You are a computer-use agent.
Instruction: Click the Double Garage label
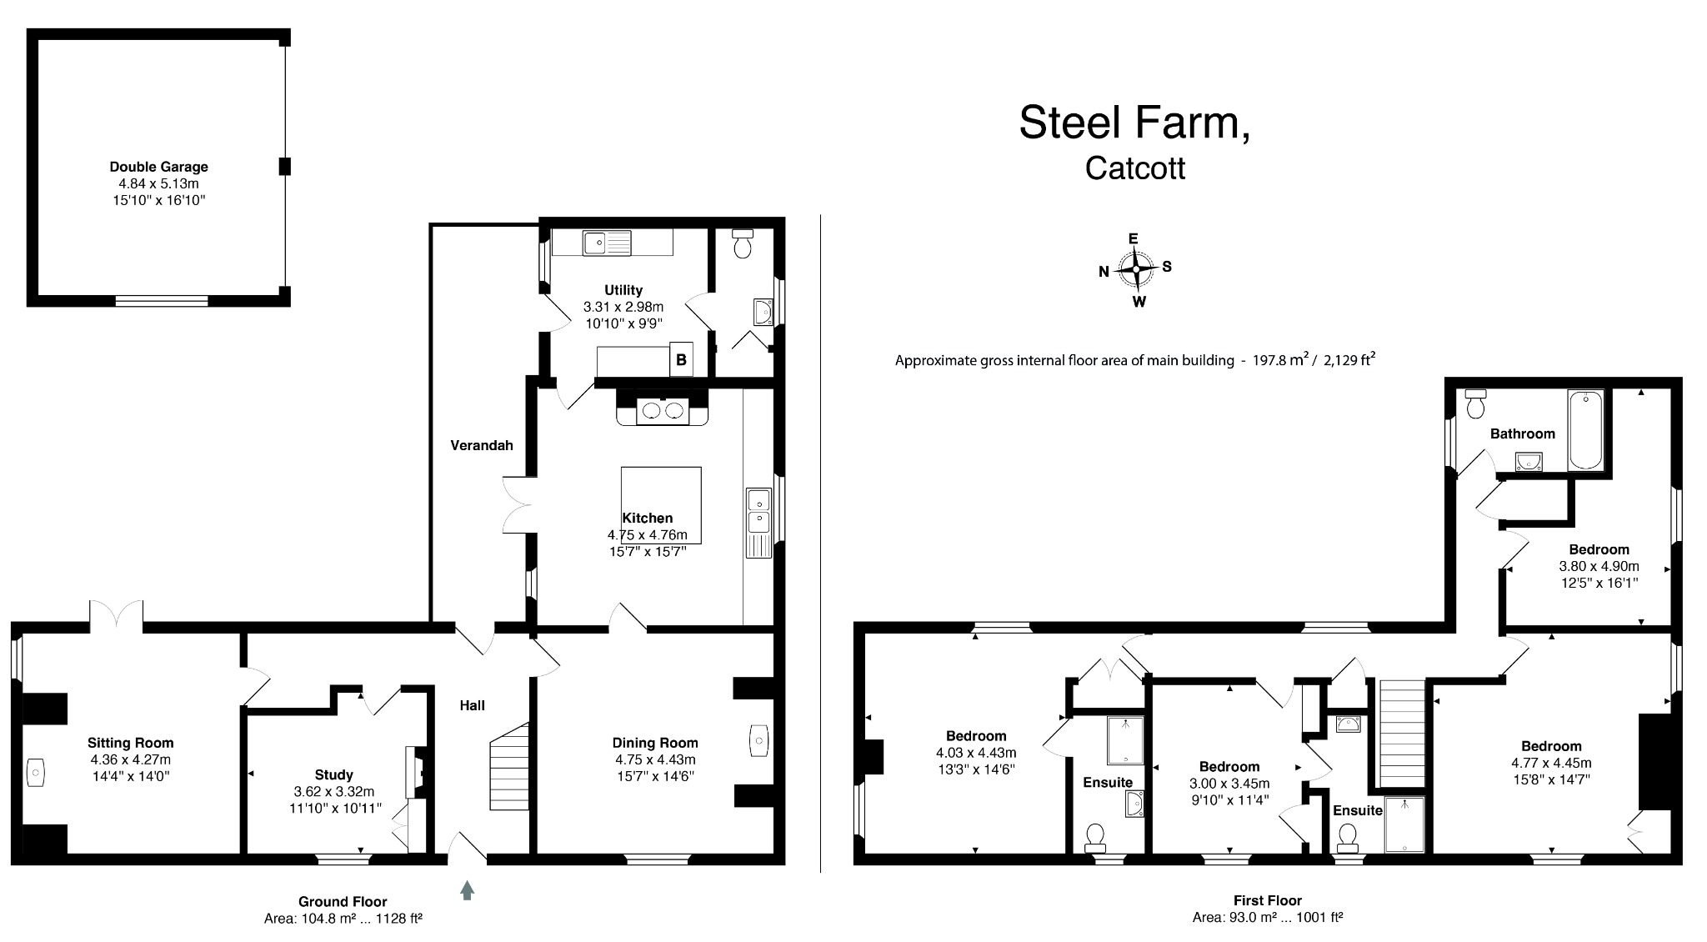coord(158,167)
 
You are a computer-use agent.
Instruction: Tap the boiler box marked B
coord(681,360)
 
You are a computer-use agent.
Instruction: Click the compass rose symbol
coord(1135,269)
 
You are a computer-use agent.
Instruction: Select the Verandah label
coord(481,445)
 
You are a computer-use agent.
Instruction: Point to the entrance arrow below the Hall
coord(467,890)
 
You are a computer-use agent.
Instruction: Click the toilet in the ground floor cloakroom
coord(742,243)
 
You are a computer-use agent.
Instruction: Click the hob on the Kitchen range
coord(663,410)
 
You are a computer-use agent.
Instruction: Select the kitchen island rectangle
coord(661,504)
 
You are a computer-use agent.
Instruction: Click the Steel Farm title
coord(1134,123)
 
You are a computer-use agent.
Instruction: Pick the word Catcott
coord(1134,168)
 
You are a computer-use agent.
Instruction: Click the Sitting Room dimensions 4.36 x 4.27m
coord(131,759)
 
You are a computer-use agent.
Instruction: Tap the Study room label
coord(333,774)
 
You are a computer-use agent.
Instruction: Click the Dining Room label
coord(655,743)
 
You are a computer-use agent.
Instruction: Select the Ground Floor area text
coord(343,919)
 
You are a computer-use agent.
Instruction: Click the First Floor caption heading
coord(1267,900)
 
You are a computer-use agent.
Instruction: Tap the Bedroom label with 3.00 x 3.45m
coord(1229,767)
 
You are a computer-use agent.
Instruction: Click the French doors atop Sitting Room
coord(117,613)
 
